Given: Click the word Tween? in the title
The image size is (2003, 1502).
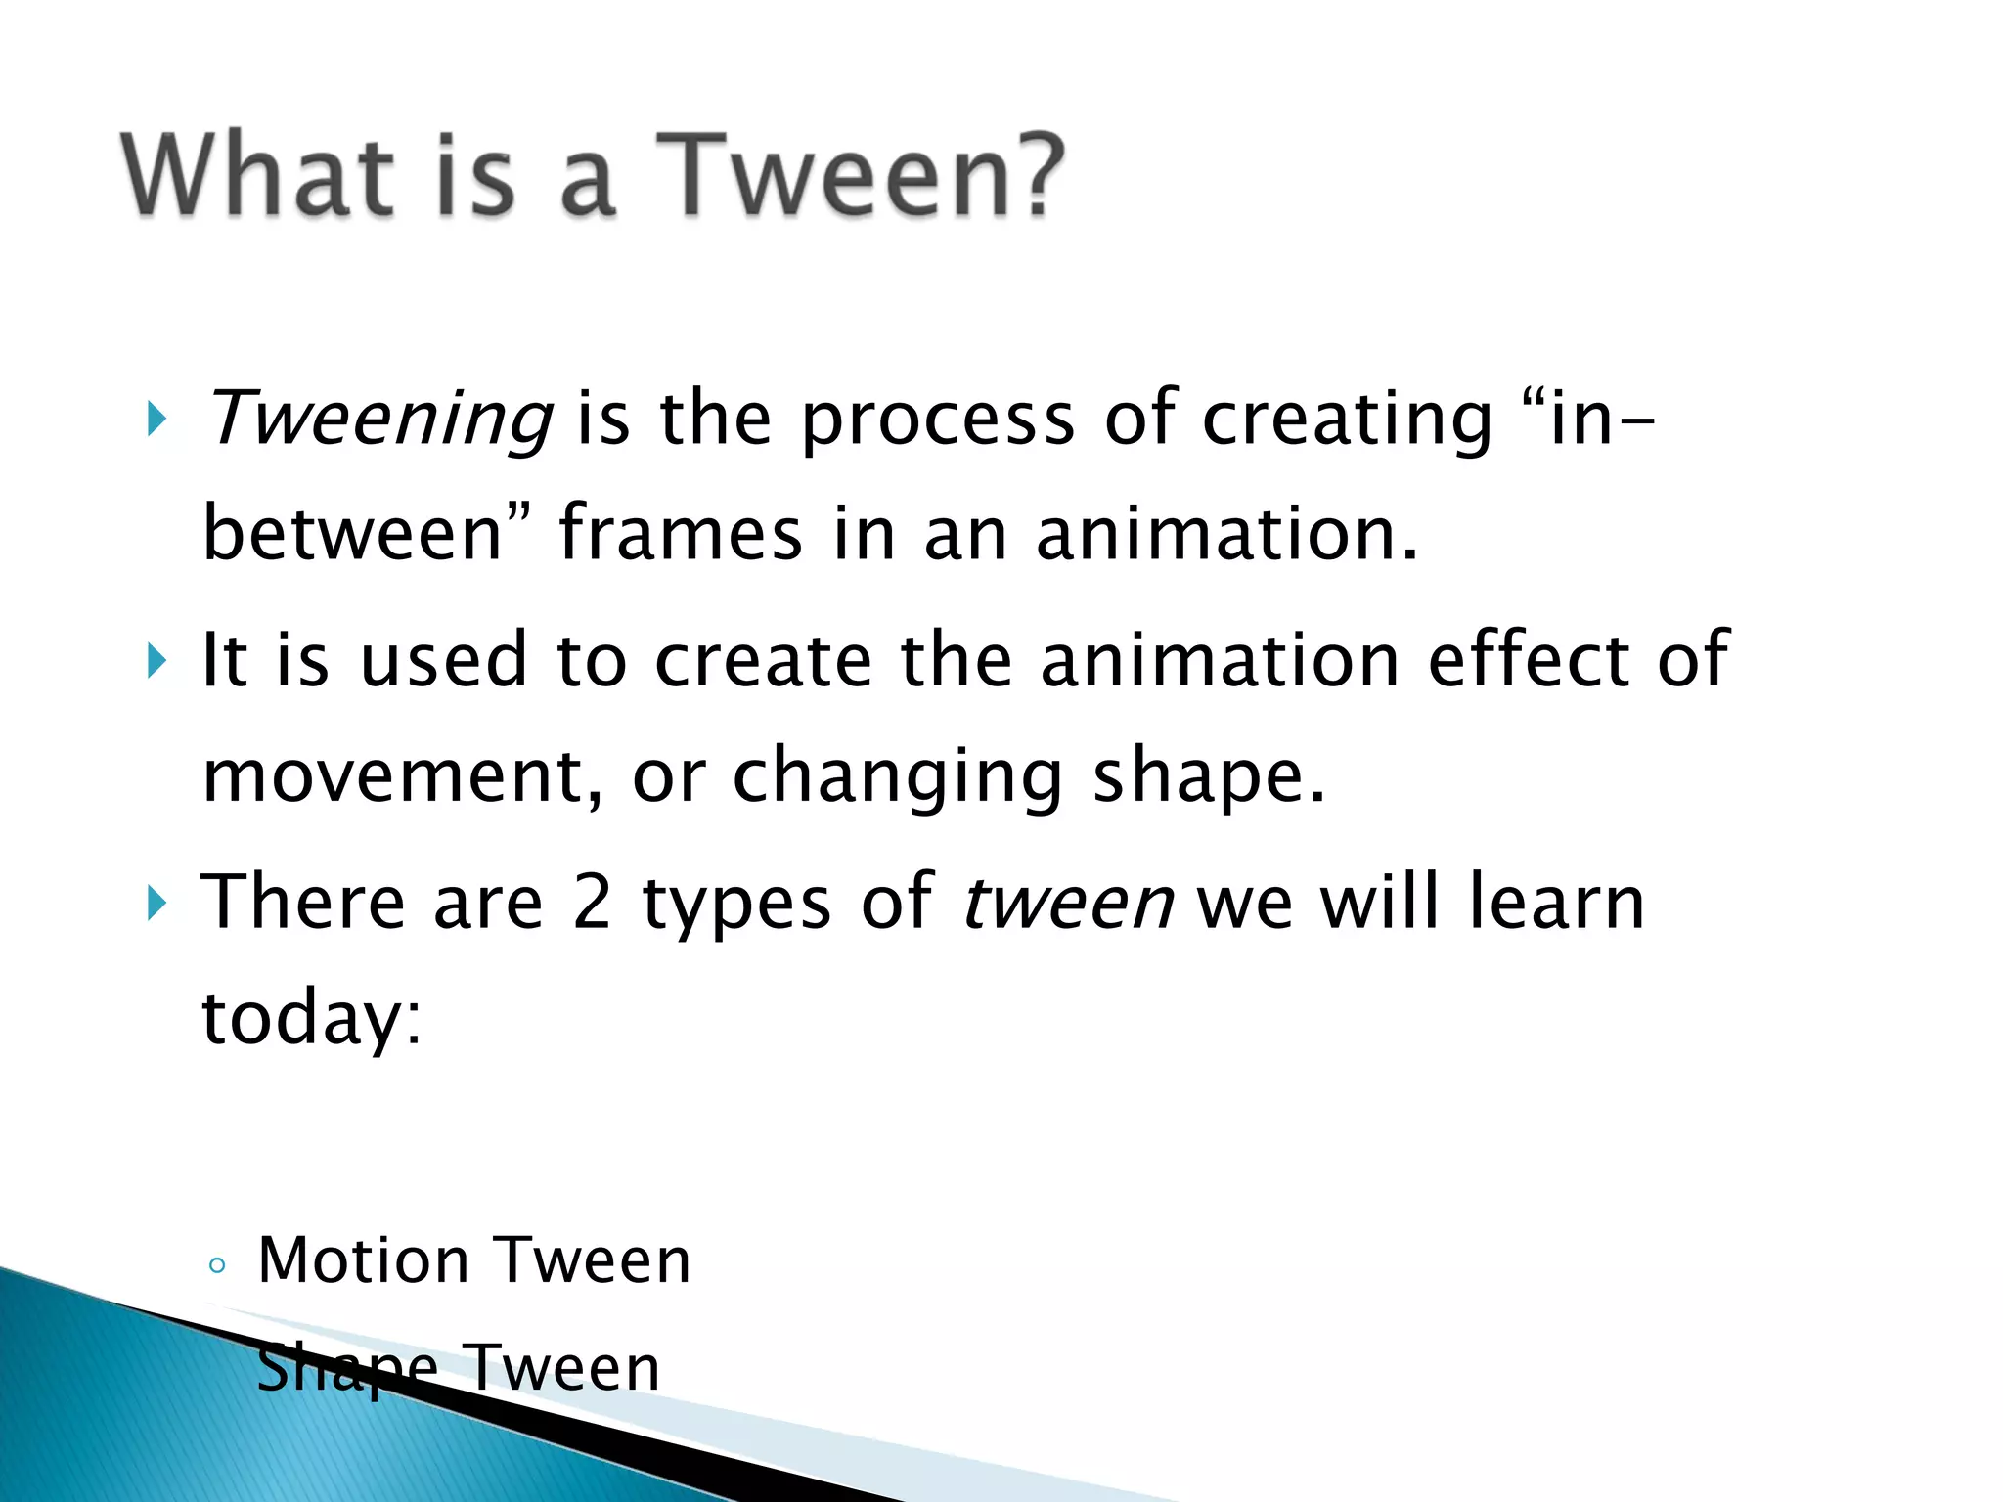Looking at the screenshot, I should tap(861, 176).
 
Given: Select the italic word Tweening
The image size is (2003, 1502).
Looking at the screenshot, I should tap(379, 419).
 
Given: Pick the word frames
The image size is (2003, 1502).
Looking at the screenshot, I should tap(681, 533).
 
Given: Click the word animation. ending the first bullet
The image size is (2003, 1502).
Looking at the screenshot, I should tap(1226, 533).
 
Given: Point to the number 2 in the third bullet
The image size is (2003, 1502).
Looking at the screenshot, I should tap(593, 902).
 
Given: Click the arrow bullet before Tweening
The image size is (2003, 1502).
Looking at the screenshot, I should tap(156, 420).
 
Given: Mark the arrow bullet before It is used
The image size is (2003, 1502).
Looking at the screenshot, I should tap(156, 661).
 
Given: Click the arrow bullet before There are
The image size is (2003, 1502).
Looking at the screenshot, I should tap(156, 903).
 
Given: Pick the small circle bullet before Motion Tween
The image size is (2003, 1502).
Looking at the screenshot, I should tap(217, 1266).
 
